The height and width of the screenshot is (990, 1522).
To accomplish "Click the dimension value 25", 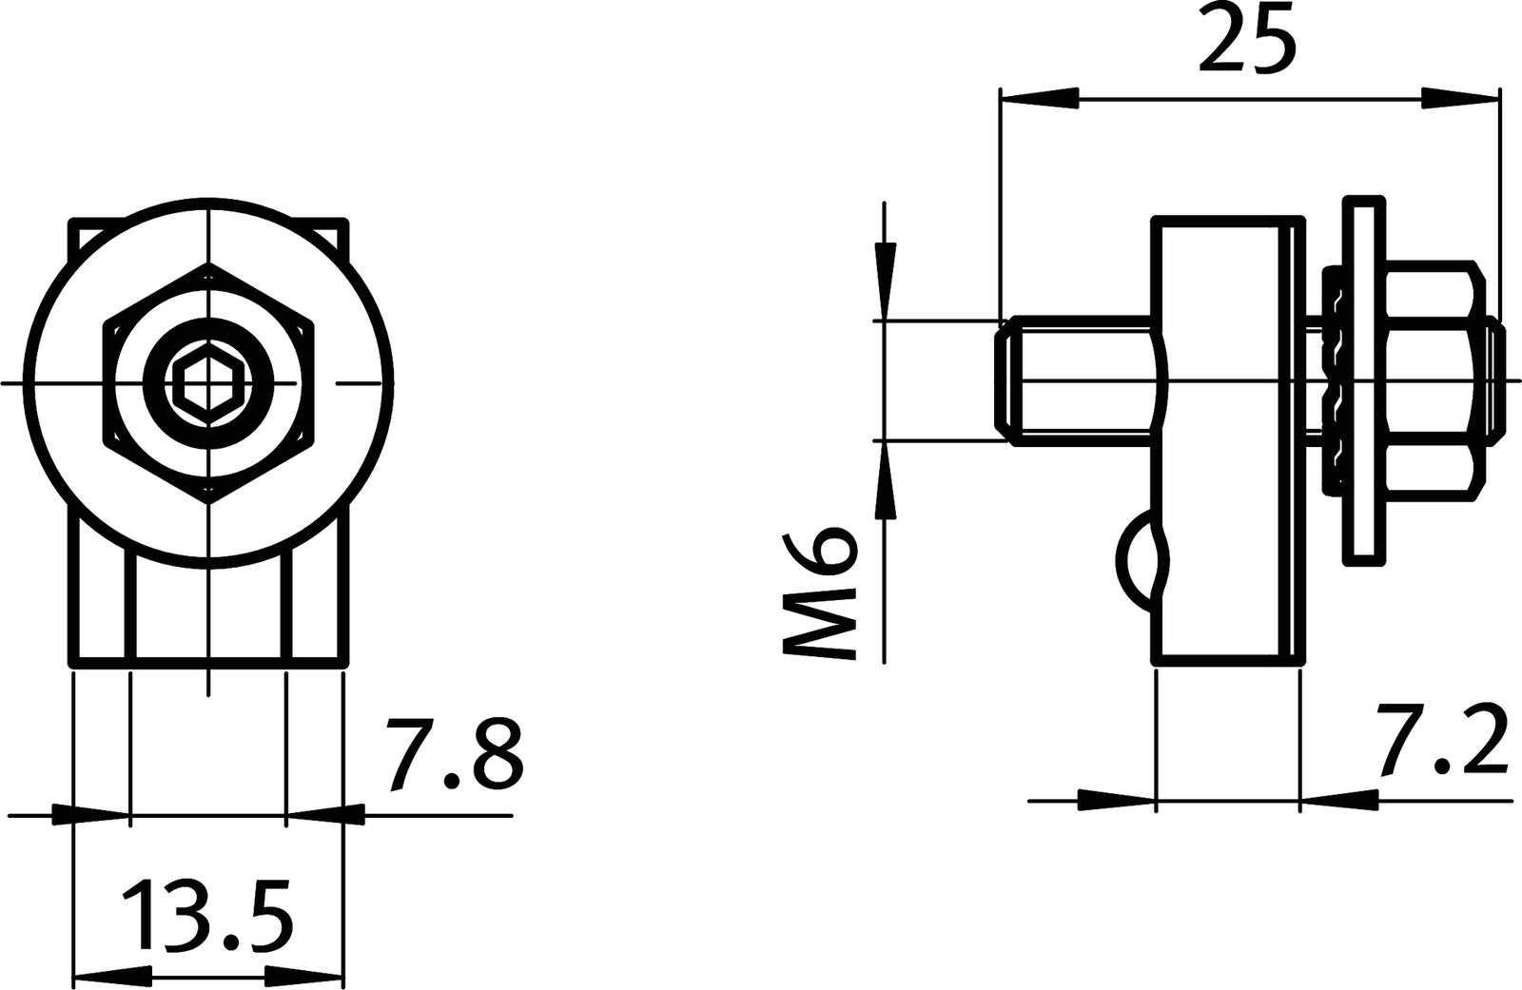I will [1247, 39].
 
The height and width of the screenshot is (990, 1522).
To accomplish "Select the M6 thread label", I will [820, 592].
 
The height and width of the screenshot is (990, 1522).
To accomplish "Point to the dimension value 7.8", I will [454, 756].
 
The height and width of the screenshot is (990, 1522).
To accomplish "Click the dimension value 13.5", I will [206, 916].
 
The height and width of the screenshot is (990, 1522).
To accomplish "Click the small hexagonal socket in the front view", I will [207, 383].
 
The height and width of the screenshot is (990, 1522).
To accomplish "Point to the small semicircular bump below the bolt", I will [1135, 561].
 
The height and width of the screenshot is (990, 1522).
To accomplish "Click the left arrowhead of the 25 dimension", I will [1039, 98].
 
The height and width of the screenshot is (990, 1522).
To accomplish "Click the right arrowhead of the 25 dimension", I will [1460, 98].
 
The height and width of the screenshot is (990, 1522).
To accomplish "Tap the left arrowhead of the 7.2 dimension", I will [1116, 801].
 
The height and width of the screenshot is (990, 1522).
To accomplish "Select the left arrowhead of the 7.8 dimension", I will [90, 814].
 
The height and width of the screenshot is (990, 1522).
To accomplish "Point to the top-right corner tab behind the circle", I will [333, 233].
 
